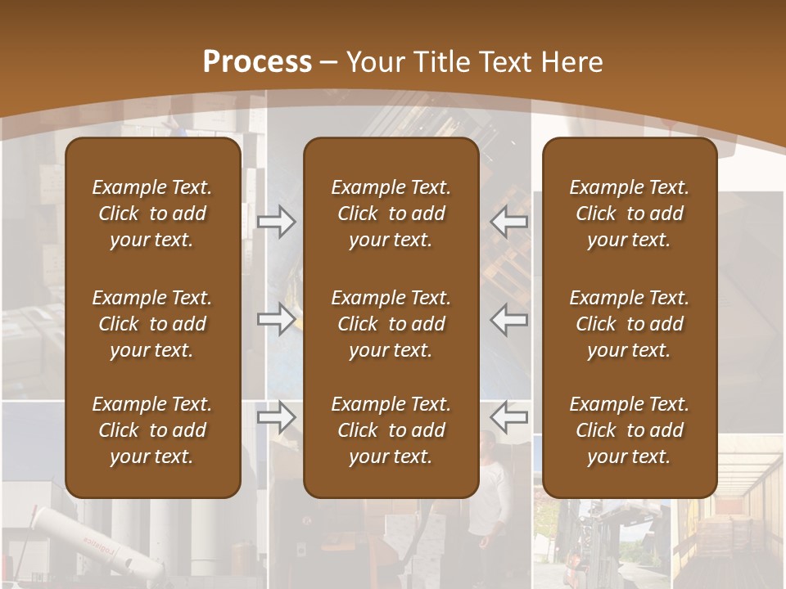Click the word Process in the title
[x=257, y=62]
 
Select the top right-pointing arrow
[x=276, y=223]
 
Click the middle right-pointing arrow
[x=276, y=319]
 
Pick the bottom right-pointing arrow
[x=276, y=417]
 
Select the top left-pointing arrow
[x=509, y=223]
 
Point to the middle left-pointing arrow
[x=509, y=319]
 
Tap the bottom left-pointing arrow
[x=509, y=417]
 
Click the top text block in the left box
[x=152, y=214]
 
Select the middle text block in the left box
[x=152, y=324]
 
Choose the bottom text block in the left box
[x=152, y=430]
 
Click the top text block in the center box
[x=391, y=214]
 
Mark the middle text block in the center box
[x=391, y=324]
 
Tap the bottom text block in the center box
[x=391, y=430]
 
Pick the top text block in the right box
[x=629, y=214]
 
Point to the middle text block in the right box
[x=629, y=324]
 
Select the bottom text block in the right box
[x=629, y=430]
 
